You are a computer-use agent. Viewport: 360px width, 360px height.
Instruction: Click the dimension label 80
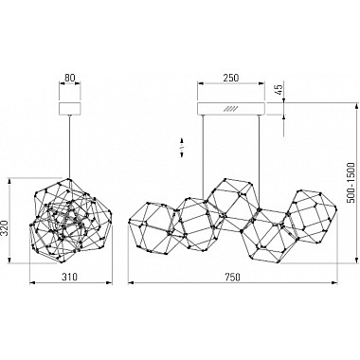pyautogui.click(x=70, y=78)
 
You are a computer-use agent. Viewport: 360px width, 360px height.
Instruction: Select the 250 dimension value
pyautogui.click(x=231, y=78)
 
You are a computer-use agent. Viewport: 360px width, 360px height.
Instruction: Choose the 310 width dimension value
pyautogui.click(x=69, y=277)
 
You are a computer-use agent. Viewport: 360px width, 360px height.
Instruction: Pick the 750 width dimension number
pyautogui.click(x=232, y=277)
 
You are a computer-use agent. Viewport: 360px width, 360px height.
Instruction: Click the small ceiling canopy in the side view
pyautogui.click(x=70, y=108)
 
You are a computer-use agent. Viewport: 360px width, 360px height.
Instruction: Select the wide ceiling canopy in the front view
pyautogui.click(x=231, y=108)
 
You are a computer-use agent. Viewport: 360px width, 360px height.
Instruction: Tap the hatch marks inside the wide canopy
pyautogui.click(x=229, y=109)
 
